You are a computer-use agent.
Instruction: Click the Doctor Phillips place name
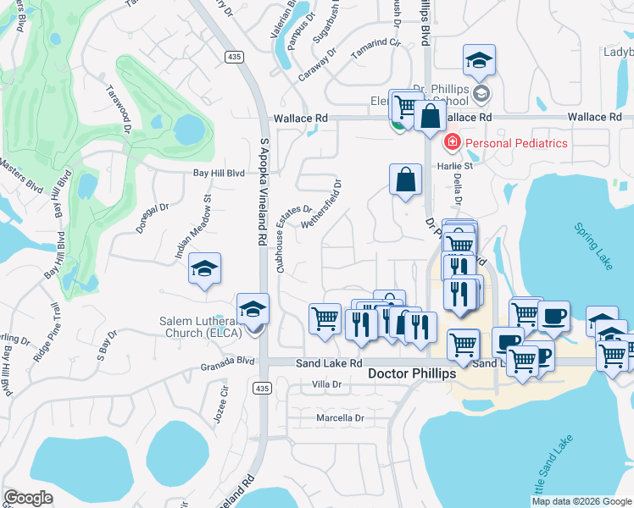pyautogui.click(x=412, y=373)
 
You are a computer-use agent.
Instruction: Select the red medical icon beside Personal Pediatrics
pyautogui.click(x=453, y=141)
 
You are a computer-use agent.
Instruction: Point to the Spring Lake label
pyautogui.click(x=592, y=247)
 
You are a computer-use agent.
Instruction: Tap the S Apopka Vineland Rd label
pyautogui.click(x=263, y=195)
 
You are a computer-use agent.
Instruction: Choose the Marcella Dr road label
pyautogui.click(x=339, y=418)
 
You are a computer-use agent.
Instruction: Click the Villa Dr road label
pyautogui.click(x=326, y=384)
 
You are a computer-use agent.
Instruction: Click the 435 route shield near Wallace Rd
pyautogui.click(x=236, y=56)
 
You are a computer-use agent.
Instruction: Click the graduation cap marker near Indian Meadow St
pyautogui.click(x=204, y=269)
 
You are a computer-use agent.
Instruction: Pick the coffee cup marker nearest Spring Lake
pyautogui.click(x=553, y=316)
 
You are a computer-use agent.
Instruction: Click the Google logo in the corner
pyautogui.click(x=29, y=497)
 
